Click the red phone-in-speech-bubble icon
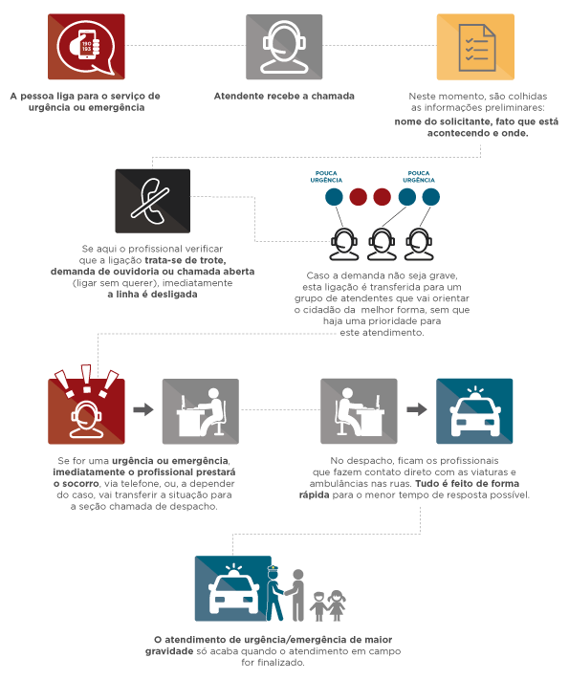click(86, 47)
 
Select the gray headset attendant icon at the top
click(284, 47)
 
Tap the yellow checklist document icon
click(475, 47)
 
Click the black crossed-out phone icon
click(153, 201)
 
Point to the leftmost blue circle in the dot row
click(334, 196)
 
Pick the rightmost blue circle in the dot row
click(430, 196)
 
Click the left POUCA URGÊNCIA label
click(326, 177)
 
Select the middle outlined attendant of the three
click(382, 244)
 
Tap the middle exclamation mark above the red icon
click(86, 378)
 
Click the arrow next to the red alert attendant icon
click(143, 409)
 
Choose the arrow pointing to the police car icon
click(417, 409)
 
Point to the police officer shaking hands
click(275, 593)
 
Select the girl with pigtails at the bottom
click(337, 605)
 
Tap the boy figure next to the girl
click(318, 606)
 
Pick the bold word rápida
click(314, 495)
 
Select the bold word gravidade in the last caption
click(169, 651)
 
